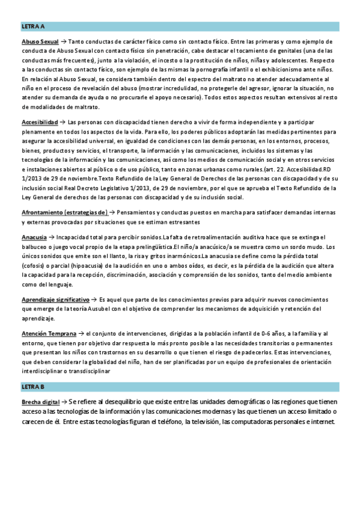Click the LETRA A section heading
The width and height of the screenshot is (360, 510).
pyautogui.click(x=33, y=27)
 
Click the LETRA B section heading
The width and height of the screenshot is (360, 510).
pyautogui.click(x=33, y=386)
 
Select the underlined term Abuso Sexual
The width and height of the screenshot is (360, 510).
pyautogui.click(x=40, y=42)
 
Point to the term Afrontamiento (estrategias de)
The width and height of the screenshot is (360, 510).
pyautogui.click(x=65, y=212)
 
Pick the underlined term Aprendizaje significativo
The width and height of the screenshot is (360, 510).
pyautogui.click(x=55, y=299)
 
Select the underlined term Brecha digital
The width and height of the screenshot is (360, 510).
pyautogui.click(x=40, y=401)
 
